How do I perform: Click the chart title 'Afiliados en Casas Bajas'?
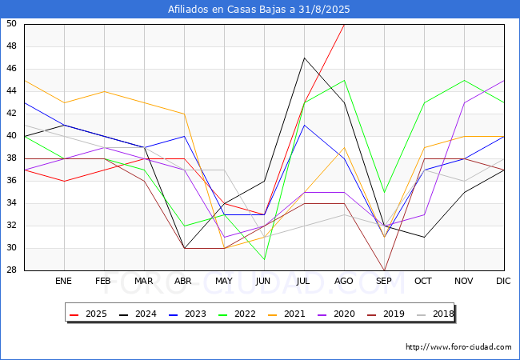click(x=227, y=10)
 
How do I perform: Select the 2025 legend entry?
click(x=88, y=314)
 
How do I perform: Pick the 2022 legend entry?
click(x=237, y=314)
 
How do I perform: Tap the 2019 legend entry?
click(x=386, y=314)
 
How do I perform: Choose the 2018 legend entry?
click(x=435, y=314)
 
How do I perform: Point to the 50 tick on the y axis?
click(x=11, y=23)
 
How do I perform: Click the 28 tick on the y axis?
click(x=11, y=270)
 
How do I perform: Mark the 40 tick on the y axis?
click(x=11, y=135)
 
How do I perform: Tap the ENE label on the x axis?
click(x=63, y=281)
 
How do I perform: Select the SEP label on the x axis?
click(x=384, y=281)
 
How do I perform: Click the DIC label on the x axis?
click(x=503, y=281)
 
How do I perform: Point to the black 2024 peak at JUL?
click(x=304, y=58)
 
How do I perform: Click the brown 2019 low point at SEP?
click(x=384, y=270)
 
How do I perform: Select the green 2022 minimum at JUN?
click(x=264, y=259)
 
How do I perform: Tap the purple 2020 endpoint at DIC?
click(x=504, y=81)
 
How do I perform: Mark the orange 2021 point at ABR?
click(x=184, y=114)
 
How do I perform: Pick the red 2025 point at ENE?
click(x=64, y=181)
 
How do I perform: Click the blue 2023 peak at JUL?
click(x=304, y=125)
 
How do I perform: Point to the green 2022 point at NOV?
click(x=464, y=81)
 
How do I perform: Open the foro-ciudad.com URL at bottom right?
click(x=458, y=347)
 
